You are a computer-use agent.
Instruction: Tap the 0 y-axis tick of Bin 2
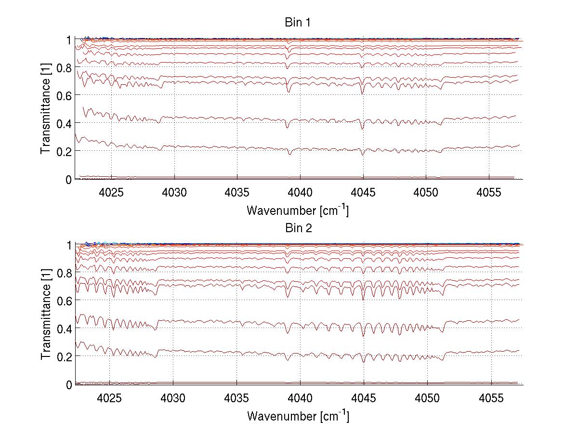click(x=69, y=385)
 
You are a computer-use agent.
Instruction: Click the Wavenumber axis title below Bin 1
click(x=298, y=210)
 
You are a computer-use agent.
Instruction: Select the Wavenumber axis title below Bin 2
click(x=298, y=415)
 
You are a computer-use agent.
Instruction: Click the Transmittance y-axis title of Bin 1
click(x=46, y=109)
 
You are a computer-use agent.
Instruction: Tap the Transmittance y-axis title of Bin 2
click(x=46, y=315)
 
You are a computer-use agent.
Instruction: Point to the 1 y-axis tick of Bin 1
click(x=69, y=39)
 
